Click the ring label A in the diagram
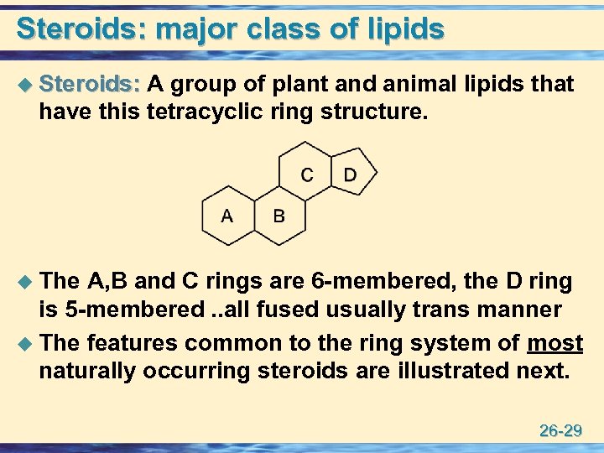pyautogui.click(x=226, y=216)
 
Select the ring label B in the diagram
pyautogui.click(x=279, y=216)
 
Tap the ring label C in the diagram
pyautogui.click(x=307, y=174)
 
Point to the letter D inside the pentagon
pyautogui.click(x=350, y=174)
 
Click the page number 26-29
pyautogui.click(x=561, y=431)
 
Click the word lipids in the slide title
pyautogui.click(x=405, y=29)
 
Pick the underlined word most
pyautogui.click(x=555, y=342)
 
